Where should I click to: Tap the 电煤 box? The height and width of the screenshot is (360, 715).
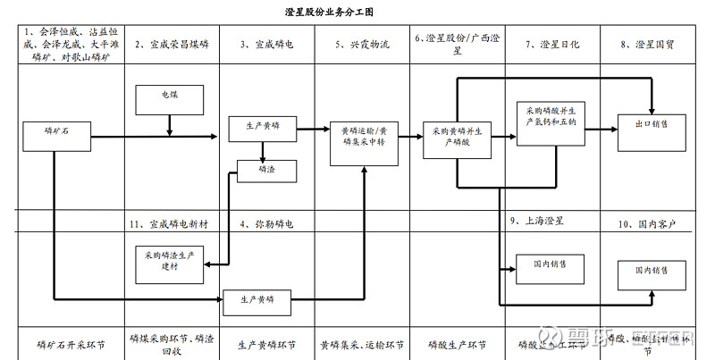click(169, 95)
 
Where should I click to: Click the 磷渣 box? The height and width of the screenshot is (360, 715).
click(265, 170)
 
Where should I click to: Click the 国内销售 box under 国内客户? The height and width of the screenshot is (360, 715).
click(650, 271)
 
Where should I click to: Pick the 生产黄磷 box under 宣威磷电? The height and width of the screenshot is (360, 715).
click(264, 127)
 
